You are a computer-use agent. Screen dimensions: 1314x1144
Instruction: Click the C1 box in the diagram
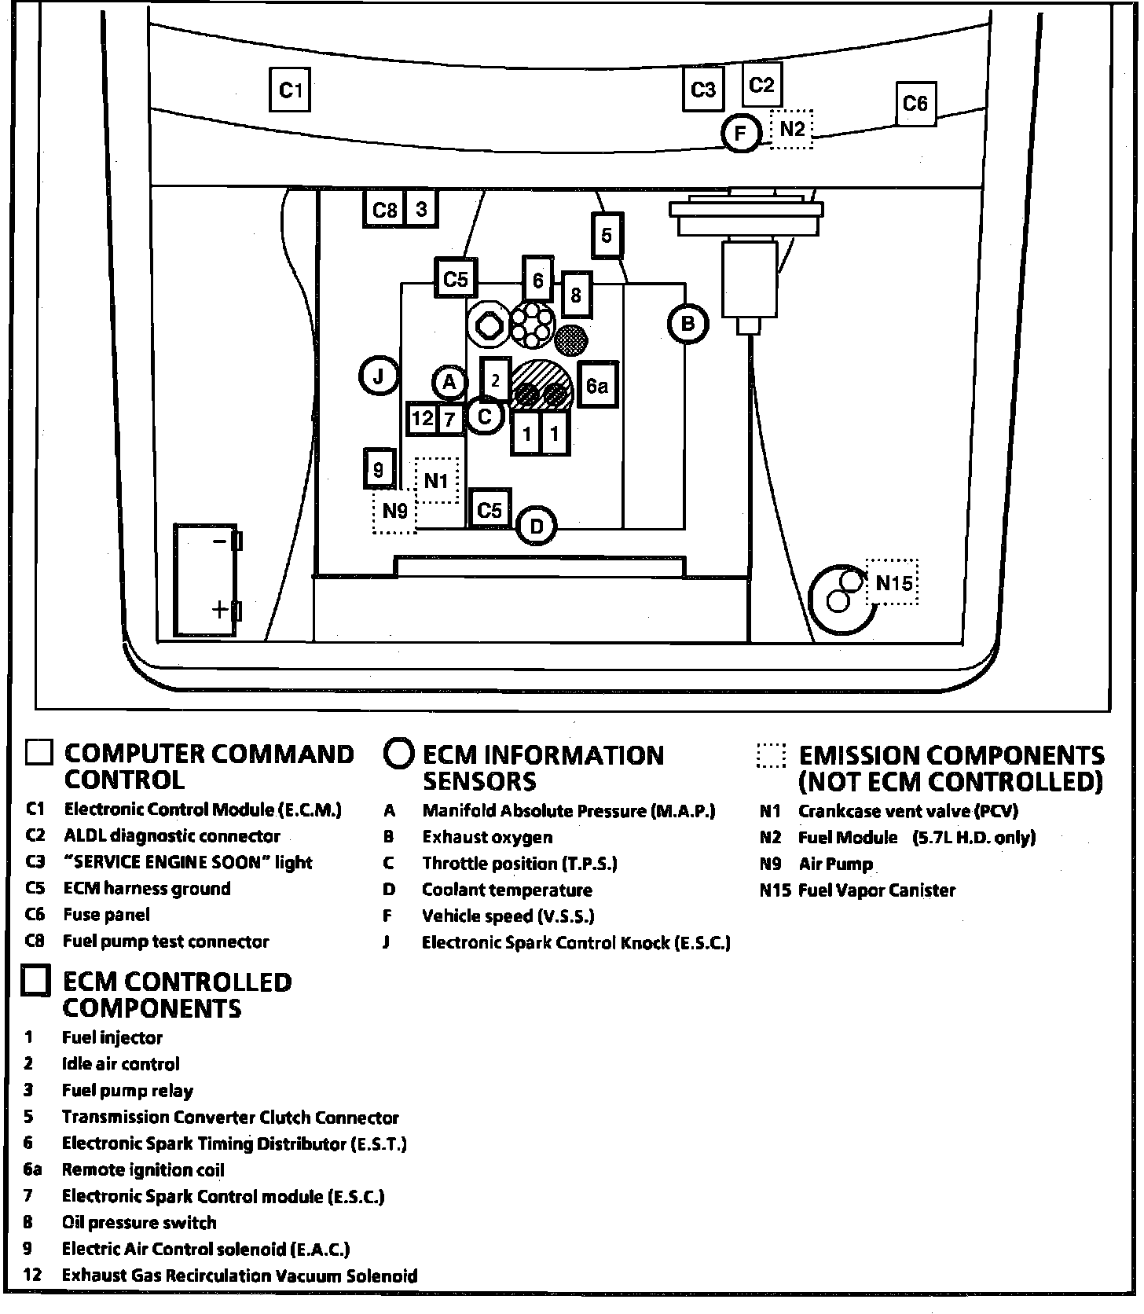(x=290, y=90)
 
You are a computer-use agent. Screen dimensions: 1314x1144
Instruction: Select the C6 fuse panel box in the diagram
(x=915, y=104)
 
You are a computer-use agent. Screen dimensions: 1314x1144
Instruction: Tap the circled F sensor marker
(x=740, y=134)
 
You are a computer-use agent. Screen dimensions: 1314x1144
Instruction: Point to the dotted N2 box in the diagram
(x=791, y=128)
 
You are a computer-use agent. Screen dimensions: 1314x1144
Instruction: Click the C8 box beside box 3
(x=384, y=210)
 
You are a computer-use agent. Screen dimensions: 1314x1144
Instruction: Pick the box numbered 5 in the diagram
(x=606, y=235)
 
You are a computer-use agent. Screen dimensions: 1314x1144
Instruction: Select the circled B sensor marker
(x=687, y=323)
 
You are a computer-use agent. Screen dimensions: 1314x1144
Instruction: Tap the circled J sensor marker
(x=379, y=377)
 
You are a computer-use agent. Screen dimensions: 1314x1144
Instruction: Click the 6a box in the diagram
(x=597, y=385)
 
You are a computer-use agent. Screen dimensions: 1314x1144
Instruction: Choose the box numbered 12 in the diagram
(x=422, y=418)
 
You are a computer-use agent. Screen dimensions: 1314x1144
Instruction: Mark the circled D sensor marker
(x=537, y=527)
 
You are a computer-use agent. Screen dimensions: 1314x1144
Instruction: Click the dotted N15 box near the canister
(x=893, y=582)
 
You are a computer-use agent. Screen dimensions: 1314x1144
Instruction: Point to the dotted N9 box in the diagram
(x=394, y=512)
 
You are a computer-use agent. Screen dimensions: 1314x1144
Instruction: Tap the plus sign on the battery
(x=219, y=609)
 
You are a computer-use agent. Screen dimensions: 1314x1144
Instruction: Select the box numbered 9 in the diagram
(x=379, y=469)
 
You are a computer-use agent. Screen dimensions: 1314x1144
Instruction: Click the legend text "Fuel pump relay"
(x=127, y=1090)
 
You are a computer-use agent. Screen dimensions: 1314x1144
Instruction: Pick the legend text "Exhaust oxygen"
(x=487, y=837)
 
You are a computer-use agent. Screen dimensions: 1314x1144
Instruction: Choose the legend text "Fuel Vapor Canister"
(x=876, y=890)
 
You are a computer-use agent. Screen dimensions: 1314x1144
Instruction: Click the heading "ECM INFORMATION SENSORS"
(x=542, y=768)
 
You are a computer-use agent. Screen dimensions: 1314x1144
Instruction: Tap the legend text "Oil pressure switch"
(x=139, y=1222)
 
